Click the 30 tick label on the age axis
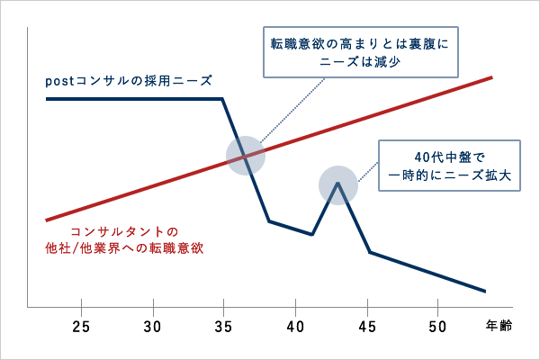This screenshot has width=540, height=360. point(152,325)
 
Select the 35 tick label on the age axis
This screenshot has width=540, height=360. point(223,325)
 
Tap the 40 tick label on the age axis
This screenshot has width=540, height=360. point(295,325)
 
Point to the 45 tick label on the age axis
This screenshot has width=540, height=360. point(366,325)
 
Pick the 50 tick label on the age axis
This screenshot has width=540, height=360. point(437,325)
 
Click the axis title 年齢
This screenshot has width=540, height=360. point(499,325)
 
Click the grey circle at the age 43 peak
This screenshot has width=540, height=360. point(338,185)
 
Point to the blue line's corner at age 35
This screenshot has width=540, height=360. point(223,98)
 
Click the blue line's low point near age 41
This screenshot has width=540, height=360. point(311,235)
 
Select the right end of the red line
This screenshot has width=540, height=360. point(492,77)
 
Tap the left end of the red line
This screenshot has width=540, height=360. point(46,219)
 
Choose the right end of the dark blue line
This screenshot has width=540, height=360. point(486,292)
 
